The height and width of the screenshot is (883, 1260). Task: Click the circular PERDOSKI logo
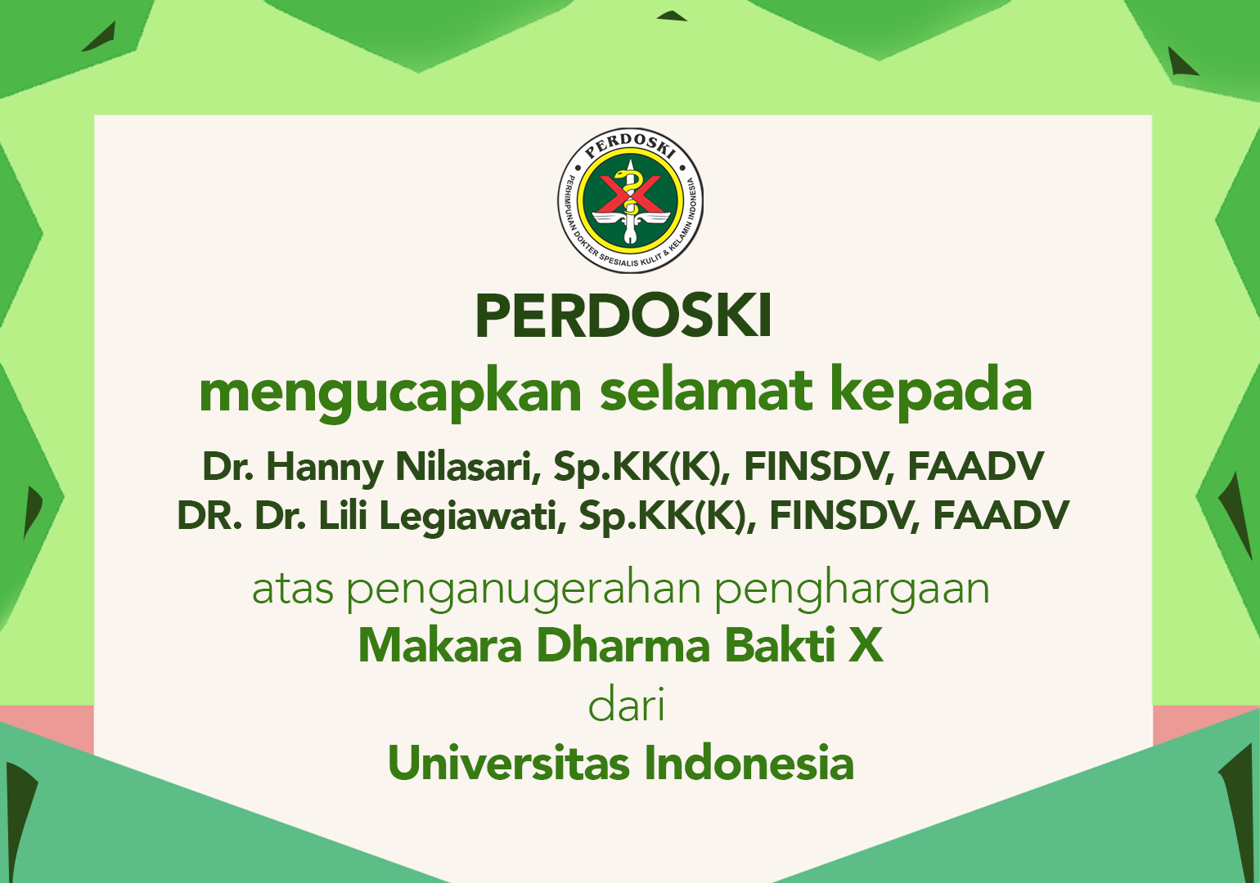point(630,200)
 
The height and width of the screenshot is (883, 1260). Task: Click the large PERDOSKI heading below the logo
point(623,316)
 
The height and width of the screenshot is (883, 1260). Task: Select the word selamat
point(706,388)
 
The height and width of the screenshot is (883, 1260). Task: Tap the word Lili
point(343,515)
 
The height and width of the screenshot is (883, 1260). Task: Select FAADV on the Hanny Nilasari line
point(976,466)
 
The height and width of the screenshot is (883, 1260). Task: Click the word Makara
point(440,646)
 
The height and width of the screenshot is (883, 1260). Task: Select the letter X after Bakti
point(866,646)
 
